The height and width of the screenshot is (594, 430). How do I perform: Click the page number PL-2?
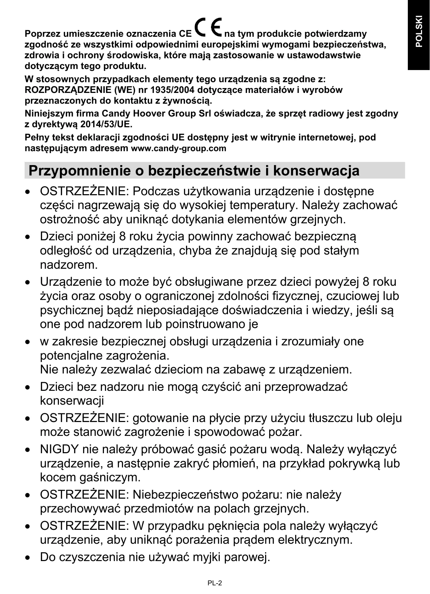coord(215,583)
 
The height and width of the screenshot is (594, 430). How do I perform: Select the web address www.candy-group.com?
coord(178,148)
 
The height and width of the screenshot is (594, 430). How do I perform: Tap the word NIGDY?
coord(59,449)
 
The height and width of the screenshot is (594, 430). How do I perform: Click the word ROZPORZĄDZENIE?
coord(67,90)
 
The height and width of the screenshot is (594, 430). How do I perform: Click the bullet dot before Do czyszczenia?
coord(28,558)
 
